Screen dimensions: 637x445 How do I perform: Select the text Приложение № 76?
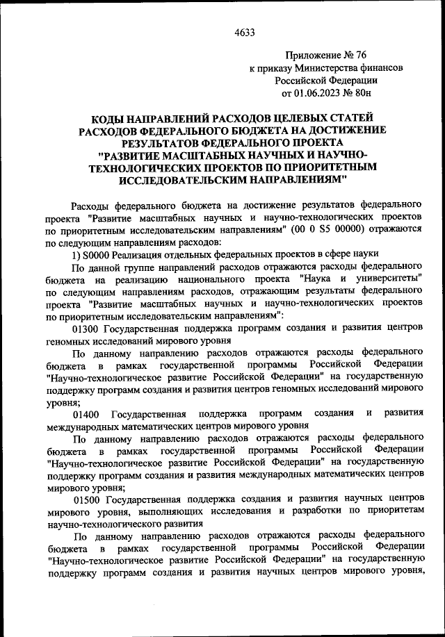click(x=326, y=55)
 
